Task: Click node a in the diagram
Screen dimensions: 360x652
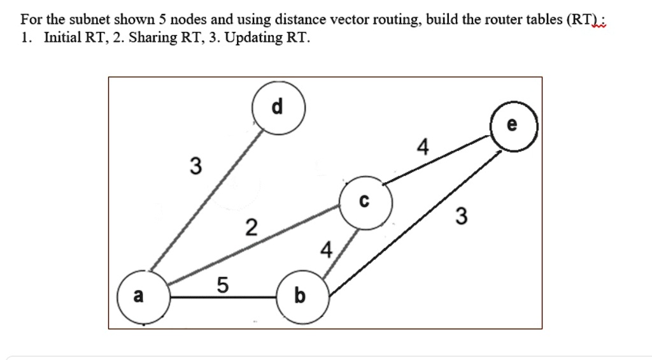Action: point(143,296)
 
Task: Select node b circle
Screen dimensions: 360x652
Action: point(301,296)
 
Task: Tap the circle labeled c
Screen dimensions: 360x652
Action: point(365,203)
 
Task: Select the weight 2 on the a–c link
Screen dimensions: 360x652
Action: point(252,227)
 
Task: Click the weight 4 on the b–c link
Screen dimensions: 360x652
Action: point(326,250)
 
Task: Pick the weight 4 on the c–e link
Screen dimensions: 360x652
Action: point(421,148)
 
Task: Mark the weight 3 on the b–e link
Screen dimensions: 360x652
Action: point(462,217)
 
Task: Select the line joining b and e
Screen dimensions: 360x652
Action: point(414,223)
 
